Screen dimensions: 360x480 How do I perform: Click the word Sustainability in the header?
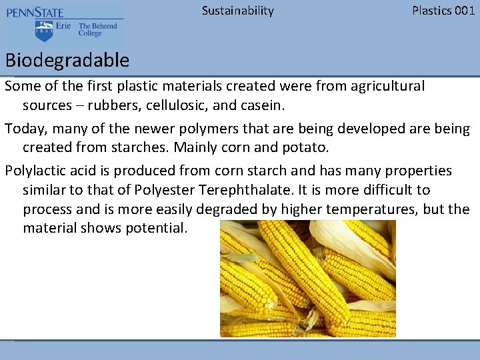[x=237, y=11]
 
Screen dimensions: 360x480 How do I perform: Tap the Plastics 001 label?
[x=443, y=11]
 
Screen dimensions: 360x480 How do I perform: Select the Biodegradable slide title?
[x=67, y=61]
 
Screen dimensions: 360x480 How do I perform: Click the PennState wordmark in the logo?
[x=35, y=13]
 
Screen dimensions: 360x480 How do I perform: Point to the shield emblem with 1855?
[x=45, y=31]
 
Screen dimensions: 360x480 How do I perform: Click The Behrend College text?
[x=97, y=30]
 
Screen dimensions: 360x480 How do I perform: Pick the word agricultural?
[x=385, y=86]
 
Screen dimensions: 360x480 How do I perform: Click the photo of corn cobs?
[x=307, y=278]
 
